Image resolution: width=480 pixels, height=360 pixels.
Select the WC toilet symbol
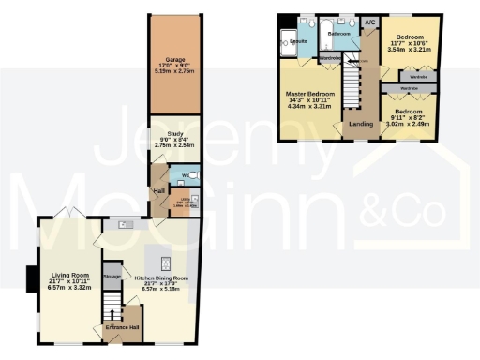click(x=187, y=175)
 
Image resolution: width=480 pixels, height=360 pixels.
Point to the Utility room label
click(x=186, y=202)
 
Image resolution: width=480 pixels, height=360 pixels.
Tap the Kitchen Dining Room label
click(x=161, y=278)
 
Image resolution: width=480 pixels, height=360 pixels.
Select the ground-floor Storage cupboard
click(x=112, y=277)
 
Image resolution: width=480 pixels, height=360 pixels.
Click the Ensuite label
click(x=299, y=42)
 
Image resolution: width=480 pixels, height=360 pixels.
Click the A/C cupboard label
click(x=369, y=22)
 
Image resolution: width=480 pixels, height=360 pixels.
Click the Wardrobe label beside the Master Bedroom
click(x=330, y=57)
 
